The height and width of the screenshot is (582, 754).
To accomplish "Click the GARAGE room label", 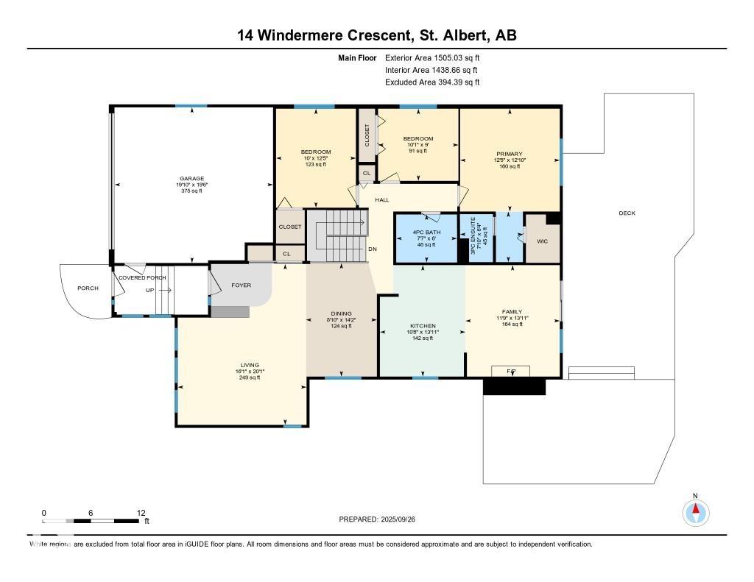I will tap(191, 178).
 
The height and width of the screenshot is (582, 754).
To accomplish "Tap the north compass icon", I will tap(695, 511).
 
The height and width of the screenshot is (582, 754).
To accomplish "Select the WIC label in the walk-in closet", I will tap(542, 241).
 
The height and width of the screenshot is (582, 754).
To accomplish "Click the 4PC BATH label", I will tap(426, 232).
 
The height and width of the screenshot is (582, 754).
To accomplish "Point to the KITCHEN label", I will tap(423, 326).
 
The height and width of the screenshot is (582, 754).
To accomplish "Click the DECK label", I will tap(627, 213).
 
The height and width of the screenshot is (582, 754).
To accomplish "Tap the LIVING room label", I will tap(250, 365).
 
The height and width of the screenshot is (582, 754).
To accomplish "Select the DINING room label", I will tap(342, 313).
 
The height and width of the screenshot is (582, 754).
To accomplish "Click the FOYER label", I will tap(241, 285).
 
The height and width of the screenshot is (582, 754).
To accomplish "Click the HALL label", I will tap(382, 199).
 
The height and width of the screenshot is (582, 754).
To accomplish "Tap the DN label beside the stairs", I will tap(373, 249).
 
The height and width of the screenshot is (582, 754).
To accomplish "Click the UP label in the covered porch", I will tap(150, 290).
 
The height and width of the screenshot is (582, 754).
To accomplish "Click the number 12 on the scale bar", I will tap(141, 513).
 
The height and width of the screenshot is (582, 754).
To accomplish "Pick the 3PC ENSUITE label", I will tap(474, 240).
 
